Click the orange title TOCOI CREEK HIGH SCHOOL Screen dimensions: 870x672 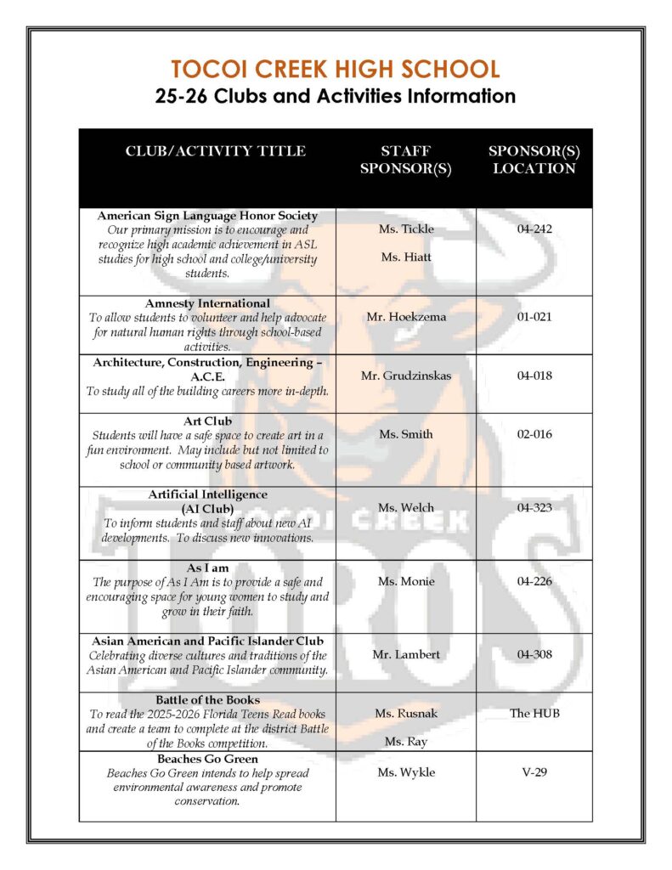[335, 69]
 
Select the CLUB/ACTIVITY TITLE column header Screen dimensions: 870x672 [215, 151]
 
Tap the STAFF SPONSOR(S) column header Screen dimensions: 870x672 [405, 160]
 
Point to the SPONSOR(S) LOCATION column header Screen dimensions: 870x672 [534, 160]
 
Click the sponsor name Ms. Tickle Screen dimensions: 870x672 [405, 229]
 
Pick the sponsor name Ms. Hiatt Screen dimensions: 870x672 [405, 257]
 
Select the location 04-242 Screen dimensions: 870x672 [534, 229]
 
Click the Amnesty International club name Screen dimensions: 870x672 [207, 303]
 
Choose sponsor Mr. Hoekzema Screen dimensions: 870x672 [405, 317]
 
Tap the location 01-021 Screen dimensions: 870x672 [534, 317]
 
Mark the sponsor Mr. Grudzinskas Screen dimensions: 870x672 [405, 376]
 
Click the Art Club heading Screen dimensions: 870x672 [207, 421]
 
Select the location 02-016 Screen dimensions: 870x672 [534, 434]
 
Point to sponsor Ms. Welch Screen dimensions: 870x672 [405, 508]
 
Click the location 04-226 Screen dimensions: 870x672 [534, 581]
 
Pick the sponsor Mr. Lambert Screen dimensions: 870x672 [405, 655]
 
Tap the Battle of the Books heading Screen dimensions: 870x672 [207, 700]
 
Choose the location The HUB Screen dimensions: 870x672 [534, 713]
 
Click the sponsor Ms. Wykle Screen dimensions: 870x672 [405, 772]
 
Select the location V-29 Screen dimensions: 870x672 [534, 772]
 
